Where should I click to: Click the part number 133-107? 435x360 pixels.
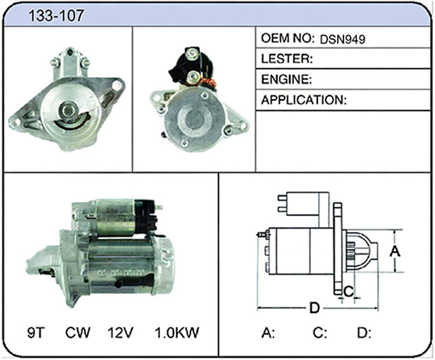pyautogui.click(x=56, y=16)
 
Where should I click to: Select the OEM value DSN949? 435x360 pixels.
pyautogui.click(x=343, y=39)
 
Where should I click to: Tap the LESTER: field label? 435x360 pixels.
pyautogui.click(x=287, y=59)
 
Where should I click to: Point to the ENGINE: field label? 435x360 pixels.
pyautogui.click(x=287, y=79)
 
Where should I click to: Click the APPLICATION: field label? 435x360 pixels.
pyautogui.click(x=304, y=100)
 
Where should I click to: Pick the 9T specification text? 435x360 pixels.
pyautogui.click(x=36, y=333)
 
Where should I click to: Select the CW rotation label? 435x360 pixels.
pyautogui.click(x=78, y=333)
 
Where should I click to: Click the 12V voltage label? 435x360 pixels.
pyautogui.click(x=121, y=333)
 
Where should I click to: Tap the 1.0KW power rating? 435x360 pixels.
pyautogui.click(x=177, y=333)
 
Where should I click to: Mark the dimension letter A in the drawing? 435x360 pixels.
pyautogui.click(x=395, y=252)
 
